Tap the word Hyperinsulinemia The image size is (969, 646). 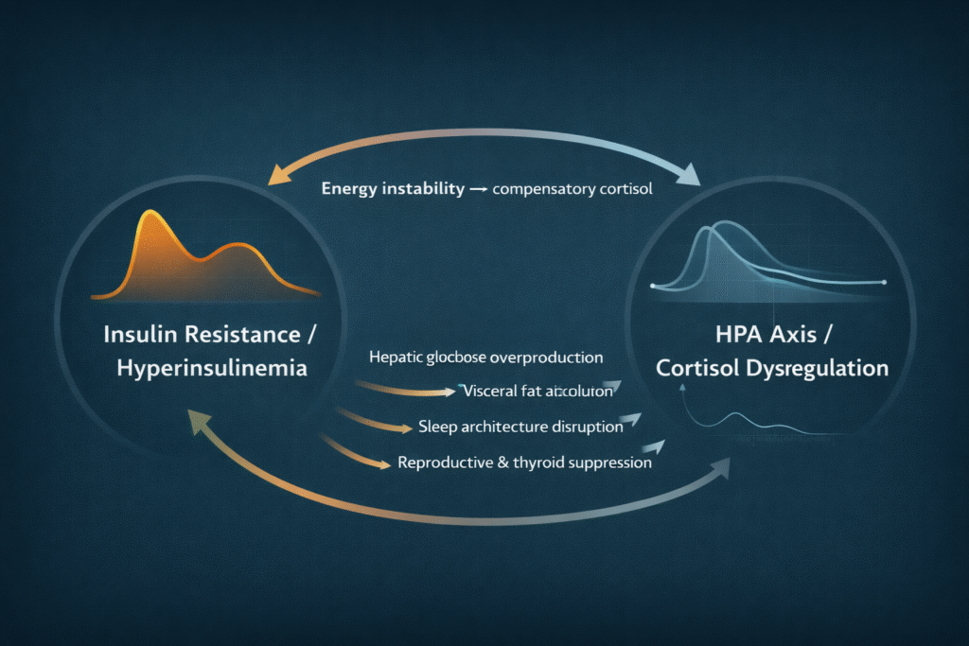(x=212, y=368)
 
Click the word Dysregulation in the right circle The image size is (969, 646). (x=816, y=368)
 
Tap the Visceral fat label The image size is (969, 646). (x=537, y=390)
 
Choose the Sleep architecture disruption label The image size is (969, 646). (x=520, y=427)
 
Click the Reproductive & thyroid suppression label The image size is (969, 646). (x=525, y=463)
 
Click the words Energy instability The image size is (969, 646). (x=393, y=188)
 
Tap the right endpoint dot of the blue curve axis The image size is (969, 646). (x=883, y=283)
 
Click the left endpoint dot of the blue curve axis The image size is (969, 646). (x=654, y=285)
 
